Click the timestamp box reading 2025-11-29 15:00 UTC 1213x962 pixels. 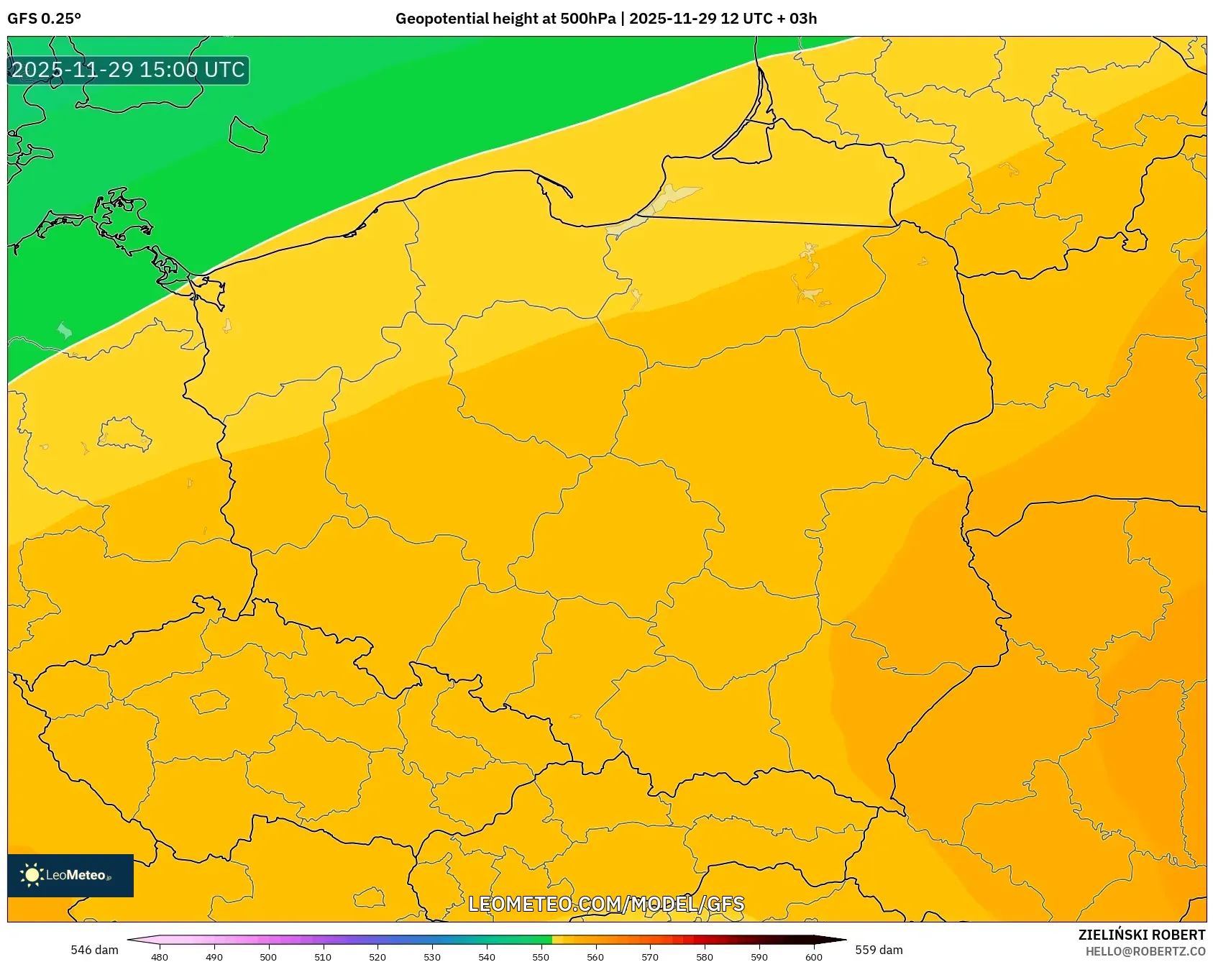pyautogui.click(x=128, y=70)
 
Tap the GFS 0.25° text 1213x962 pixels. pyautogui.click(x=44, y=19)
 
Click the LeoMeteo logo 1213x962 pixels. pyautogui.click(x=70, y=875)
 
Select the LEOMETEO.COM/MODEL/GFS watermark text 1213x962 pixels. pyautogui.click(x=606, y=904)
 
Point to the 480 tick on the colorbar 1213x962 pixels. pyautogui.click(x=160, y=956)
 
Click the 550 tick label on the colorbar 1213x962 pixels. pyautogui.click(x=541, y=956)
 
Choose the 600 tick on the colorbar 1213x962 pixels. pyautogui.click(x=814, y=956)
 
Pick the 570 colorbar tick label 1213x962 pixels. pyautogui.click(x=650, y=956)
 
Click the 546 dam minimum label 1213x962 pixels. pyautogui.click(x=94, y=950)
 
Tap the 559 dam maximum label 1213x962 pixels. pyautogui.click(x=879, y=950)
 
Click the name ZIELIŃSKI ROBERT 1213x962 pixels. pyautogui.click(x=1142, y=935)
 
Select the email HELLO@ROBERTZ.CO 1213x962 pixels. pyautogui.click(x=1145, y=951)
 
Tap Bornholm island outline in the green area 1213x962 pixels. pyautogui.click(x=248, y=135)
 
